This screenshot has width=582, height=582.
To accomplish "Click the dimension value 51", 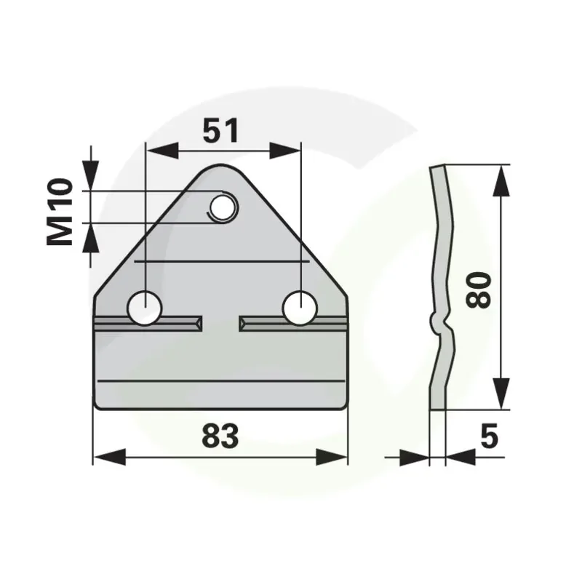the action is (x=220, y=131).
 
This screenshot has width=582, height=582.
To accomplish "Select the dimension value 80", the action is (x=479, y=290).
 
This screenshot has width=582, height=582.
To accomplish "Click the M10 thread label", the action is (x=60, y=212).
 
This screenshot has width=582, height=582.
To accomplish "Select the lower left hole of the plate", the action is (x=145, y=308).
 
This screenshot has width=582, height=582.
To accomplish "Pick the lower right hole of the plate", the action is (x=300, y=308).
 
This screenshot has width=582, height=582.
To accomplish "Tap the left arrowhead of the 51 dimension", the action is (x=162, y=151).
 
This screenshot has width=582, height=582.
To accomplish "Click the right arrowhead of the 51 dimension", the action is (x=284, y=151).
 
